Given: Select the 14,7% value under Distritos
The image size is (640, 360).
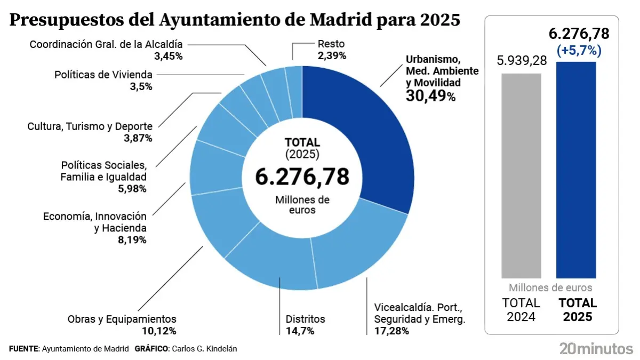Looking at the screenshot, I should pos(300,331).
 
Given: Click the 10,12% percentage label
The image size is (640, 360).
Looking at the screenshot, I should pos(158,331).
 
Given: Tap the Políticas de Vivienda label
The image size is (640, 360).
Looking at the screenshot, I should pos(103,75).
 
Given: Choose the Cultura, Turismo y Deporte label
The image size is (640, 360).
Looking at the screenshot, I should pos(90,126).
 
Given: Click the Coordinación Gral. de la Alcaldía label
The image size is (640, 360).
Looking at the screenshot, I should pos(106,44).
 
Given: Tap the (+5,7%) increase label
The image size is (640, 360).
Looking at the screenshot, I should pos(579,51).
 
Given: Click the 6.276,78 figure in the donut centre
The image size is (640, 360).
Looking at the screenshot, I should pos(302,176).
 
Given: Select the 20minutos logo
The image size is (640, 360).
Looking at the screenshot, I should pos(596,349).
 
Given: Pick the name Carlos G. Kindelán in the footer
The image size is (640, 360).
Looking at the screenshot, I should pos(204,349).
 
